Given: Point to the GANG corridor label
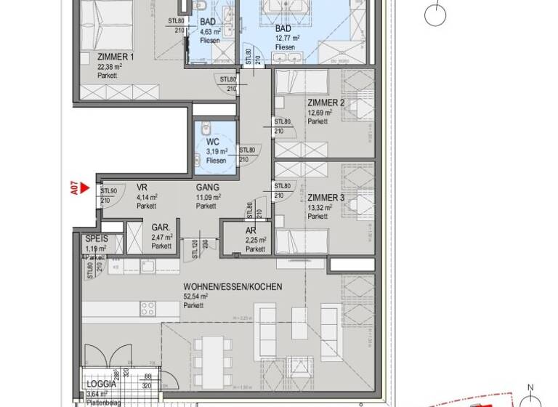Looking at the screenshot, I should (207, 187).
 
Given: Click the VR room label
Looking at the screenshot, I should (142, 187).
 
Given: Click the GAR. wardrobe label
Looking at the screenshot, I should (161, 227).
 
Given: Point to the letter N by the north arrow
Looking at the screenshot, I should (531, 387).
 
